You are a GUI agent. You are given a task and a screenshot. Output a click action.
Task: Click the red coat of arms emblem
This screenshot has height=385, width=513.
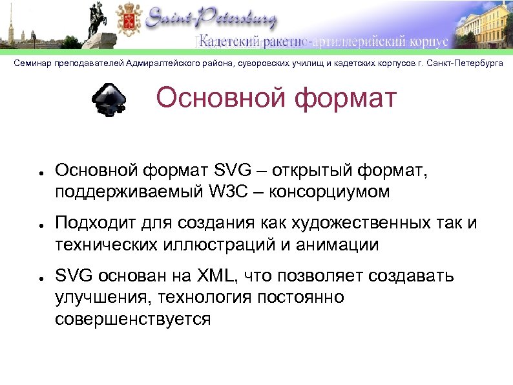point(127,21)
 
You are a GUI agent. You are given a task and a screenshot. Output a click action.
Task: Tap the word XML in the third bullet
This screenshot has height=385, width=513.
point(214,276)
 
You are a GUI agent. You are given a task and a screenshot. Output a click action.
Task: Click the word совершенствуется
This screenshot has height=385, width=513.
point(132,319)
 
